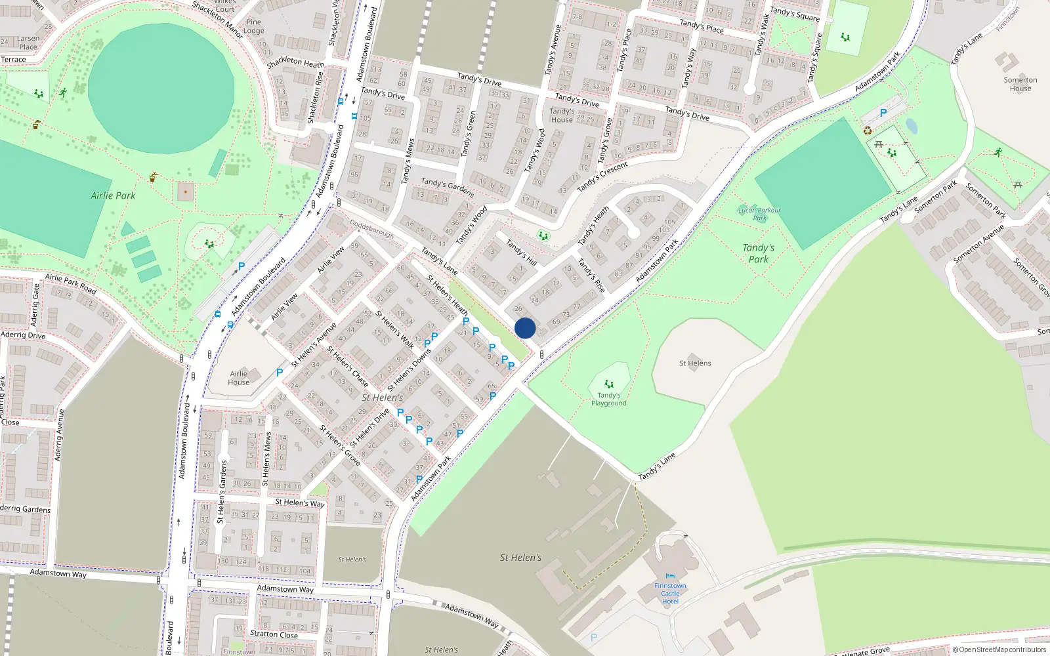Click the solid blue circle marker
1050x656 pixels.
pos(525,328)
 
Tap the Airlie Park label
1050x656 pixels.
pos(113,195)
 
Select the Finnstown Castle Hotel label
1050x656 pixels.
pos(670,594)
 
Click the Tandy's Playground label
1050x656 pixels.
pos(608,399)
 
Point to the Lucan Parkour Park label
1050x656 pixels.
pos(759,214)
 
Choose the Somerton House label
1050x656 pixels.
pos(1020,84)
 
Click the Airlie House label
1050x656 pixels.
pos(238,378)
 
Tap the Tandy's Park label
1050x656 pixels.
pos(759,253)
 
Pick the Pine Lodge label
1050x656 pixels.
pos(253,26)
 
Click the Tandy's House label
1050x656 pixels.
pos(562,115)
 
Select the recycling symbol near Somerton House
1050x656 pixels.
pos(868,131)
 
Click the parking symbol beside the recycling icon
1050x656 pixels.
pos(883,113)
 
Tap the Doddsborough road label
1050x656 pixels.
pos(371,228)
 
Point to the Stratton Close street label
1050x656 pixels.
pos(274,634)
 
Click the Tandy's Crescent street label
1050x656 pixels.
pos(602,176)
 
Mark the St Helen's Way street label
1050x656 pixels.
pos(299,503)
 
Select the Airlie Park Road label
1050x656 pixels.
pos(70,284)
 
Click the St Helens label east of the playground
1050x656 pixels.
pos(695,363)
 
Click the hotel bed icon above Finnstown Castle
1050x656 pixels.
pos(670,577)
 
